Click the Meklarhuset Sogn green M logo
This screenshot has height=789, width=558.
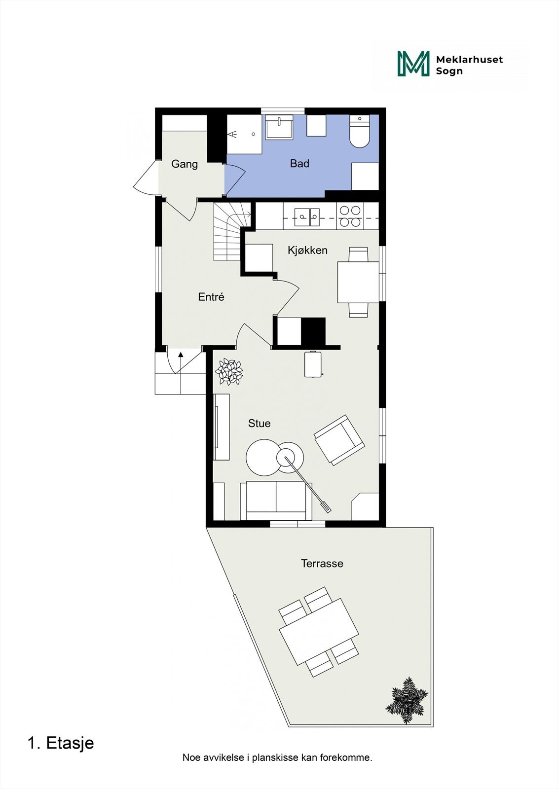click(x=413, y=64)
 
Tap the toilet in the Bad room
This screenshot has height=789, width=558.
click(x=360, y=132)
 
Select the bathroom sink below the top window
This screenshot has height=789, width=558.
click(x=279, y=127)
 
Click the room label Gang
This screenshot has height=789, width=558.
click(x=185, y=164)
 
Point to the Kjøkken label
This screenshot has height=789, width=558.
click(x=307, y=251)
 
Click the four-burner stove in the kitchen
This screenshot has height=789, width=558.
click(x=350, y=216)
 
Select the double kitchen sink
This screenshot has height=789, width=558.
click(x=307, y=216)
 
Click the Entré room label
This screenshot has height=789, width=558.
click(x=211, y=297)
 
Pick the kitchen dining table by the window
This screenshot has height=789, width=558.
click(x=358, y=282)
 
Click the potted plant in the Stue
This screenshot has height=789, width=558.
click(x=229, y=371)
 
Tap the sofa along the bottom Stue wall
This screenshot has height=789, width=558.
click(x=276, y=500)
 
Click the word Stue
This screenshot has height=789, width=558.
click(x=259, y=424)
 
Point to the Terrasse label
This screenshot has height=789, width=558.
click(x=322, y=564)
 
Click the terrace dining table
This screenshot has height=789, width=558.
click(x=319, y=632)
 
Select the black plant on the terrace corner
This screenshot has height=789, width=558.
click(x=406, y=700)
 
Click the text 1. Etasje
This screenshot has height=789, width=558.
click(x=61, y=743)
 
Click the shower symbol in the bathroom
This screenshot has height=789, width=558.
click(x=233, y=134)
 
